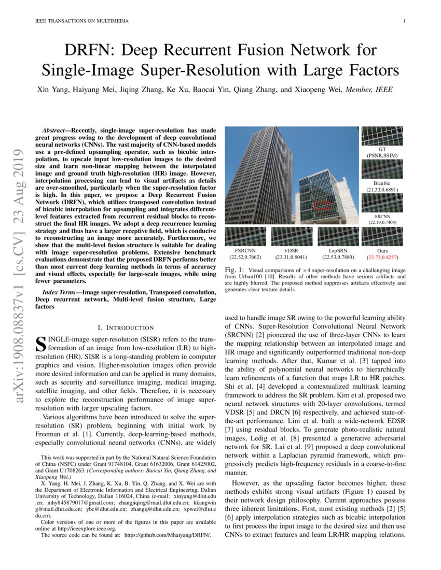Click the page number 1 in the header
(403, 21)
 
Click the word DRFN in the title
(85, 51)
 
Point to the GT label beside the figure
(381, 149)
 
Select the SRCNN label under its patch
(381, 216)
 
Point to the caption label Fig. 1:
(235, 270)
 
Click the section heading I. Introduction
(126, 327)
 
